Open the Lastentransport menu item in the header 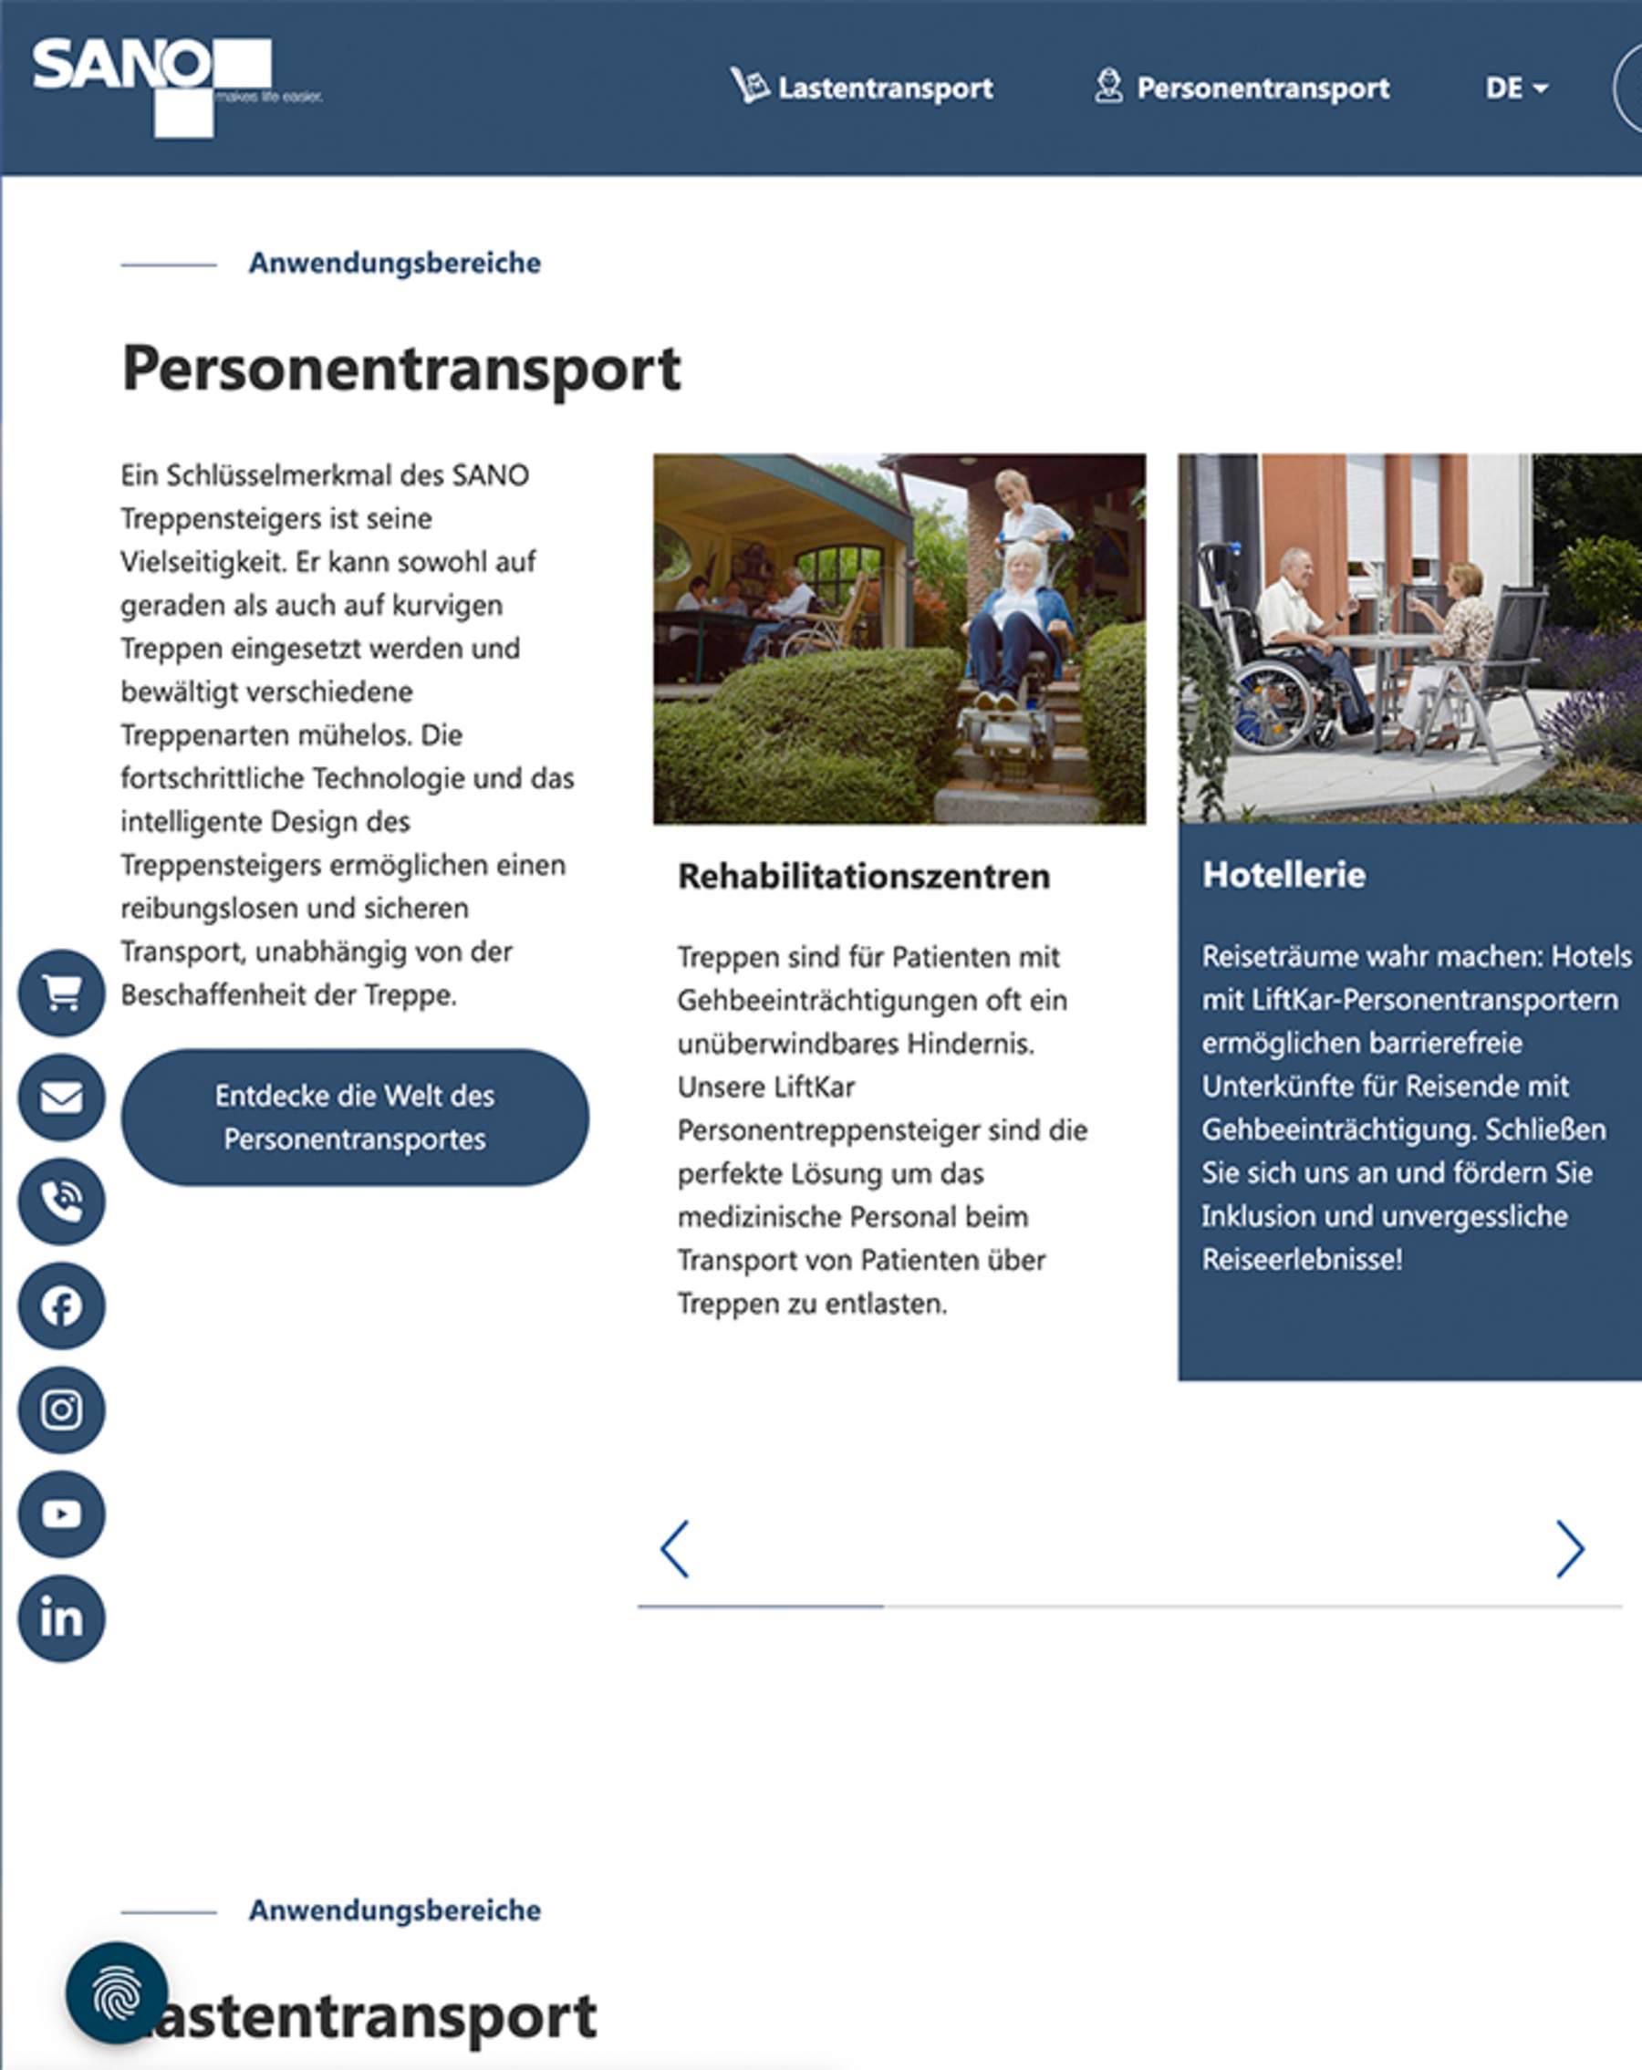tap(861, 88)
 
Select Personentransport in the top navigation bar tap(1242, 88)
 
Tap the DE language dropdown tap(1515, 88)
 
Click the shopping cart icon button tap(61, 993)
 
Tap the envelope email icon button tap(61, 1097)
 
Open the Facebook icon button tap(61, 1305)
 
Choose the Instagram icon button tap(61, 1409)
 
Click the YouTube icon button tap(61, 1514)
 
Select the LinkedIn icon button tap(61, 1618)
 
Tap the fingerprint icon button tap(116, 1992)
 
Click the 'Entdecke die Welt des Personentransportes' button tap(354, 1117)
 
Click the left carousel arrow tap(674, 1549)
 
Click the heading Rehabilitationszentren tap(863, 876)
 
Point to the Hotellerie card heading tap(1283, 875)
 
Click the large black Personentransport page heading tap(401, 368)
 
